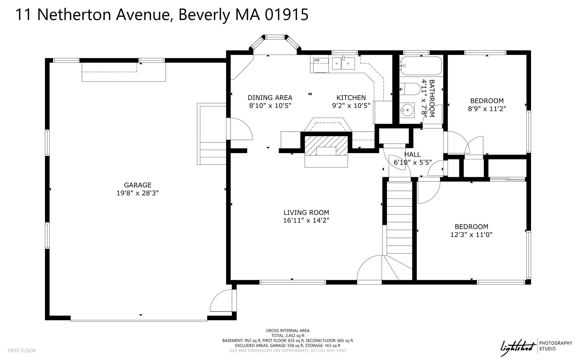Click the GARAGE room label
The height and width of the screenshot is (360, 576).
(x=138, y=185)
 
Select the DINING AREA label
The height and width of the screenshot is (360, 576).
(x=270, y=98)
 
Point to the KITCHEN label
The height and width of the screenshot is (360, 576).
(x=351, y=98)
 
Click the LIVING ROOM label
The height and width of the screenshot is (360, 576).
(x=306, y=213)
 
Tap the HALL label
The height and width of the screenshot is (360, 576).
(x=413, y=154)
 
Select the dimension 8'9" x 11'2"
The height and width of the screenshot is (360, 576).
(x=487, y=109)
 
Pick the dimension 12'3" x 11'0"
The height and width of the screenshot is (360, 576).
(x=471, y=234)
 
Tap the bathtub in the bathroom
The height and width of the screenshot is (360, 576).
(x=421, y=66)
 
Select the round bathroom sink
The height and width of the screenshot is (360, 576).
(x=407, y=110)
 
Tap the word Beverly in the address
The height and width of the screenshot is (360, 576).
(x=204, y=15)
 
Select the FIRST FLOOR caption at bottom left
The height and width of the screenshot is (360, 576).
(x=22, y=351)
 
